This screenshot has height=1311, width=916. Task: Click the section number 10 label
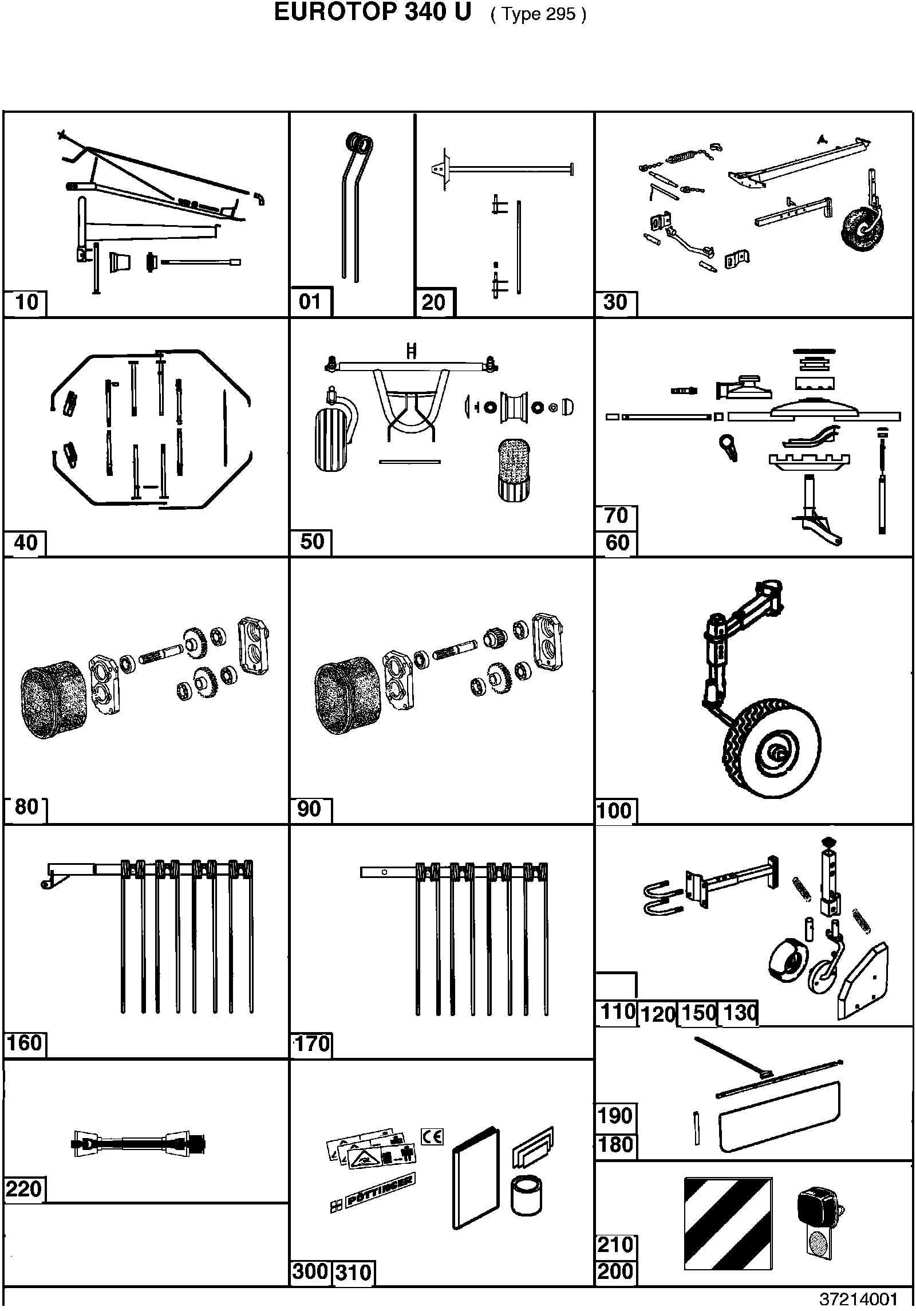(x=27, y=301)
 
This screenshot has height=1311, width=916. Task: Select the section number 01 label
(x=310, y=301)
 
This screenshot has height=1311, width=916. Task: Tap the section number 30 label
(x=615, y=302)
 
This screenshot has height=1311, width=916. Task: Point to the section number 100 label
(x=614, y=810)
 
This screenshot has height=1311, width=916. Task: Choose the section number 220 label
(x=23, y=1189)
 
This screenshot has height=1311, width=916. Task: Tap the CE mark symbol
(x=432, y=1136)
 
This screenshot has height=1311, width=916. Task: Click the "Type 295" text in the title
(x=538, y=14)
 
